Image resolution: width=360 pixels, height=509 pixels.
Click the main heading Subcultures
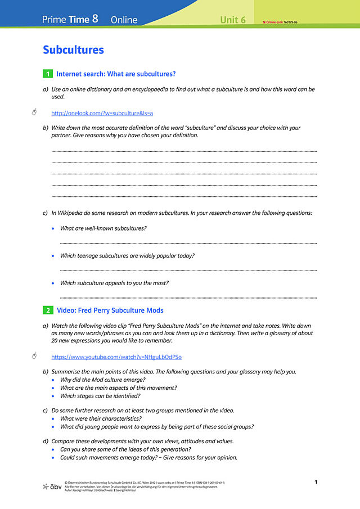pos(73,49)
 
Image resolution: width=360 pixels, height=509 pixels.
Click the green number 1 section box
pos(48,74)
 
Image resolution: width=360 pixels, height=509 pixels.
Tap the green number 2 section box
pos(48,310)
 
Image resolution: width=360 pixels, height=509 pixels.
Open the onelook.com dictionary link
pos(102,113)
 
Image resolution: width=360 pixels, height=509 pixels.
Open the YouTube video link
pos(116,357)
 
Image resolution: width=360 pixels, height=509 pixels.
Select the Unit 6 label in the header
pos(233,20)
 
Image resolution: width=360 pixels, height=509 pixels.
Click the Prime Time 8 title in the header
pos(70,19)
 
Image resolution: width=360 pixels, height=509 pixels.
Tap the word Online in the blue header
pos(124,20)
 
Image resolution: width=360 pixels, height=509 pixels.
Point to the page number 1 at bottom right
pos(316,482)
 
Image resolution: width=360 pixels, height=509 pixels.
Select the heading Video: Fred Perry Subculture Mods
pos(110,310)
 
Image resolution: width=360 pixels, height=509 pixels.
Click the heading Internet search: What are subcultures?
pos(116,74)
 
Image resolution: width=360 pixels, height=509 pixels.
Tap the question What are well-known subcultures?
pos(103,228)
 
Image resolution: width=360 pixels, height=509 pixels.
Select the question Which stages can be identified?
pos(100,395)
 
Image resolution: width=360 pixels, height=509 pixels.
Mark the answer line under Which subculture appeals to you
pos(188,298)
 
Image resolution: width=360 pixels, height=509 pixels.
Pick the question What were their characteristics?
pos(101,418)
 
